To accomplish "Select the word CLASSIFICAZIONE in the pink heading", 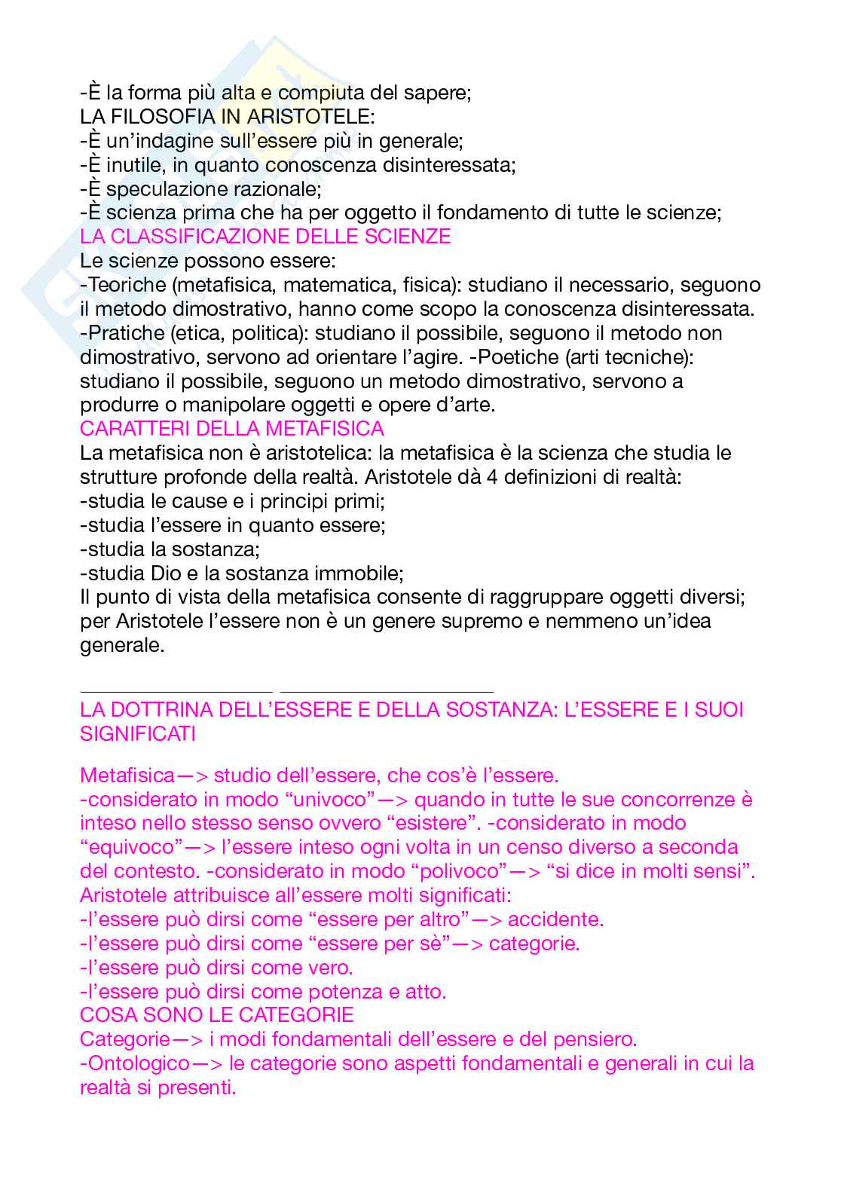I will [x=200, y=237].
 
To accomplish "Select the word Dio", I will [x=167, y=574].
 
